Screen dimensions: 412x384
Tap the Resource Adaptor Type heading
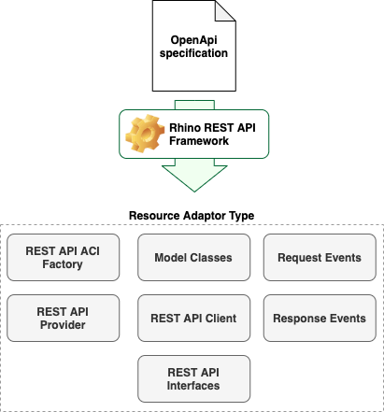tap(192, 216)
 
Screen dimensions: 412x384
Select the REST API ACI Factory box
tap(64, 257)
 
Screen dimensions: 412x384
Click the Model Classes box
tap(193, 257)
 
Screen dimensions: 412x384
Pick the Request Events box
tap(319, 257)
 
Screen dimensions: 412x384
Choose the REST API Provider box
tap(64, 318)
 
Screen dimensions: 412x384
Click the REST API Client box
tap(193, 318)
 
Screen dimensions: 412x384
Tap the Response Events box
tap(319, 318)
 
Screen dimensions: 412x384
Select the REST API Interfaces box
tap(193, 378)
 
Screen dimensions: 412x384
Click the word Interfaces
tap(193, 386)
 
